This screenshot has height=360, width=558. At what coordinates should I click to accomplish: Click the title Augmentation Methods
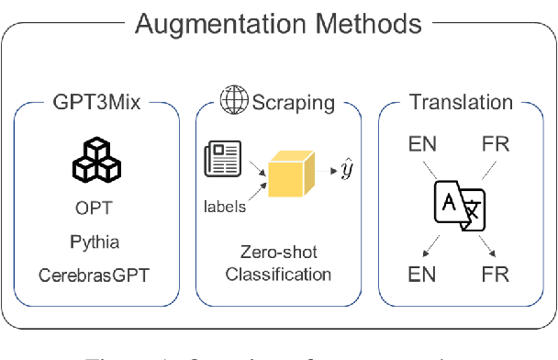278,25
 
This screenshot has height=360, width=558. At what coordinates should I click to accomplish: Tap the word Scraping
298,103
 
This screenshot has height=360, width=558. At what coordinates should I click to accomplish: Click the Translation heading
460,103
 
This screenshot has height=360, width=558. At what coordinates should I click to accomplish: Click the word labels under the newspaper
225,207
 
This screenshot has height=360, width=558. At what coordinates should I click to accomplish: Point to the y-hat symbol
345,171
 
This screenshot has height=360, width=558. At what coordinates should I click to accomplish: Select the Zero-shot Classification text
278,263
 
